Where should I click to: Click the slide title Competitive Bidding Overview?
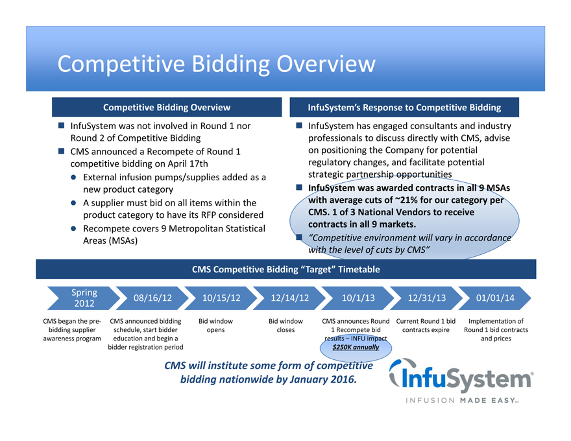[216, 64]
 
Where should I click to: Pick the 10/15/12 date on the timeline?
[221, 298]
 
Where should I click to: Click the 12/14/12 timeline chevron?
[289, 298]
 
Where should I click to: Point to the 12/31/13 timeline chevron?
[426, 298]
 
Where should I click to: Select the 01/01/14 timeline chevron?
[494, 298]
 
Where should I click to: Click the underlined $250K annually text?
[356, 347]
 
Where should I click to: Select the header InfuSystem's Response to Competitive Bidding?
[404, 107]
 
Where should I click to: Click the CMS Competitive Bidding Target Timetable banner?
[285, 269]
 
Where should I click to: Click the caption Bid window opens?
[215, 325]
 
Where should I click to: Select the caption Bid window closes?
[285, 325]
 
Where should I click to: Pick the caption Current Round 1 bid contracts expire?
[426, 325]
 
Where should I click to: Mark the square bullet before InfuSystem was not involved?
[62, 126]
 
